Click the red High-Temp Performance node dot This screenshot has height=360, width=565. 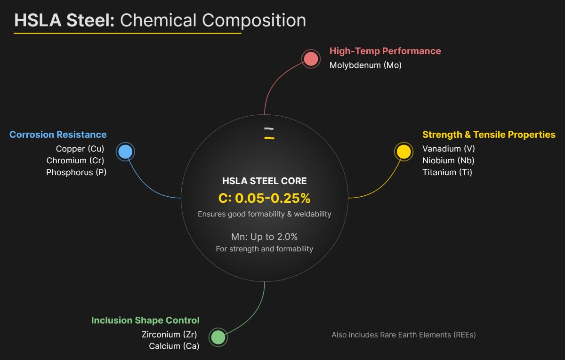pyautogui.click(x=311, y=59)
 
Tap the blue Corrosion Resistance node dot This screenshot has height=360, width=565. pyautogui.click(x=125, y=152)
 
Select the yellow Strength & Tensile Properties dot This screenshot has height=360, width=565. pyautogui.click(x=404, y=152)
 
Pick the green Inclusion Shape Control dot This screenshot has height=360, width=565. pyautogui.click(x=218, y=337)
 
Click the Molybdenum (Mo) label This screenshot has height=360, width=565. pyautogui.click(x=365, y=65)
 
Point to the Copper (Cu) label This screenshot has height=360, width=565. pyautogui.click(x=80, y=149)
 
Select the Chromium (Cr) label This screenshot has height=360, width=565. pyautogui.click(x=75, y=160)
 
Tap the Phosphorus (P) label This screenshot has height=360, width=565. pyautogui.click(x=76, y=172)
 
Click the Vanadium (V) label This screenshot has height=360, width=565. pyautogui.click(x=449, y=149)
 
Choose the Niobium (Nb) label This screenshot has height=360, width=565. pyautogui.click(x=448, y=160)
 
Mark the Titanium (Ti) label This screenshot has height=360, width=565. pyautogui.click(x=447, y=172)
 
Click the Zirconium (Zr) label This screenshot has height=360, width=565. pyautogui.click(x=169, y=335)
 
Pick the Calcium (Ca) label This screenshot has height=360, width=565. pyautogui.click(x=174, y=346)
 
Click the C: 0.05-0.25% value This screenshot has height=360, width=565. pyautogui.click(x=264, y=198)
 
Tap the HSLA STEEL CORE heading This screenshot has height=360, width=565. pyautogui.click(x=264, y=181)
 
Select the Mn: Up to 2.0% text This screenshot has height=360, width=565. pyautogui.click(x=264, y=237)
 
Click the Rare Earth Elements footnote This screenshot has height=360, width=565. pyautogui.click(x=404, y=335)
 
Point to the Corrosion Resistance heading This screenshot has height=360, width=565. pyautogui.click(x=58, y=135)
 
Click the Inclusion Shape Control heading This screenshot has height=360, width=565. pyautogui.click(x=145, y=320)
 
